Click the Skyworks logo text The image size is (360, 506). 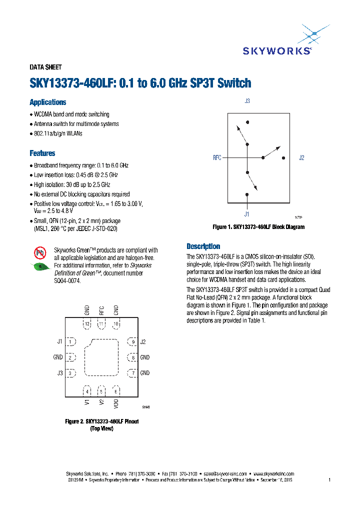coord(277,50)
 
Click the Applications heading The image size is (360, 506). coord(47,102)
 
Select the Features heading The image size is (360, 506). coord(42,153)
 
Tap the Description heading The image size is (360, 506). coord(203,246)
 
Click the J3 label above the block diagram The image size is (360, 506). coord(247,101)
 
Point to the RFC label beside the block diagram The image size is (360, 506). coord(217,158)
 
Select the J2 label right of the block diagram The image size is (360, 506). coord(301,158)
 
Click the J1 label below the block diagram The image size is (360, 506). coord(246,214)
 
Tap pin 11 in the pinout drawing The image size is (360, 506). coord(101,324)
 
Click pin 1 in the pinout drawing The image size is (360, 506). coord(71,342)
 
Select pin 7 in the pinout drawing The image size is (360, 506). coord(132,373)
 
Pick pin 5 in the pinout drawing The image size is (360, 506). coord(101,391)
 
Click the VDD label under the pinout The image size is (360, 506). coord(116,403)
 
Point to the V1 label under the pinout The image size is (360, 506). coord(87,402)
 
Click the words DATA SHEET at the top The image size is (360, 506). coord(45,67)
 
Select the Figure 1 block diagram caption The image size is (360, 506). coord(258,227)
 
